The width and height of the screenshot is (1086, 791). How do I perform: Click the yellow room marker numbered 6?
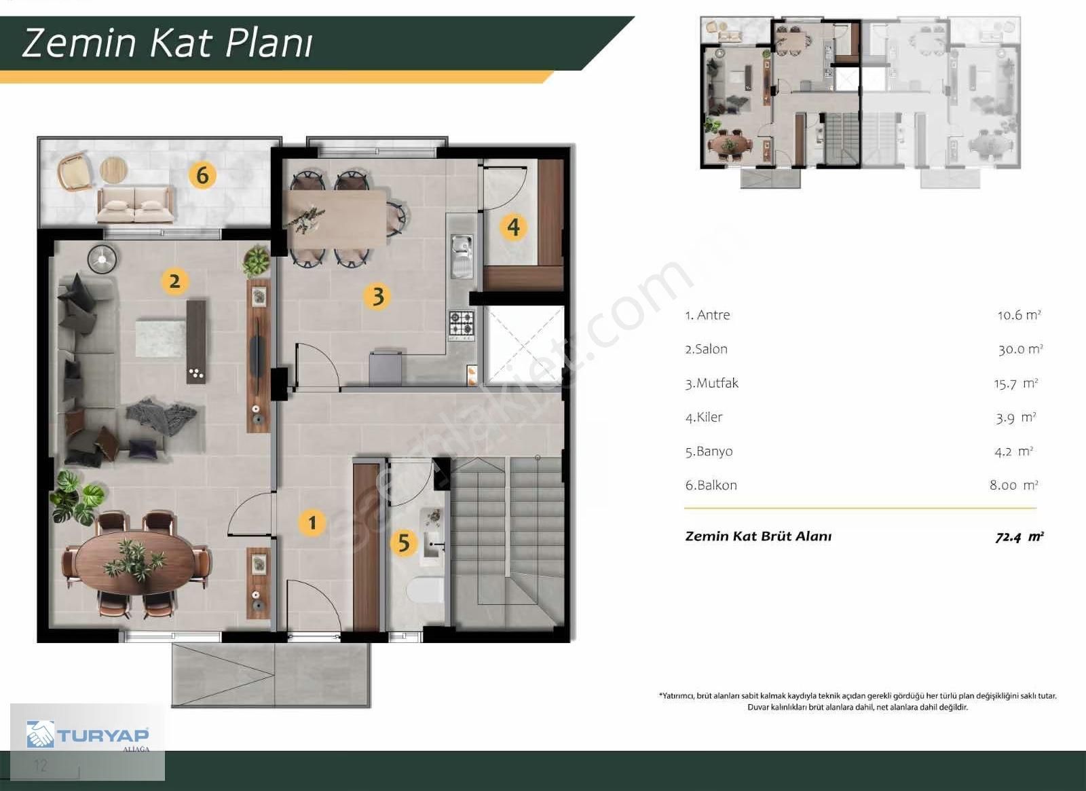coord(202,175)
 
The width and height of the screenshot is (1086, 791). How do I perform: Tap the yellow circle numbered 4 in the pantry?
coord(513,227)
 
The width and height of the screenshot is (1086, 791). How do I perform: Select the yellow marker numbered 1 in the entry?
coord(312,522)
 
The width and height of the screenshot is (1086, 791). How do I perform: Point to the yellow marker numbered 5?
coord(404,542)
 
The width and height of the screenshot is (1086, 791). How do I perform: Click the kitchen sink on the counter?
coord(462,257)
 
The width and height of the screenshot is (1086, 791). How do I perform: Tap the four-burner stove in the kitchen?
coord(462,323)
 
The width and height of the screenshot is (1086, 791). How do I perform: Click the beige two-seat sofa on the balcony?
coord(135,204)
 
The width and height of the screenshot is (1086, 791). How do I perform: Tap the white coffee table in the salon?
coord(160,337)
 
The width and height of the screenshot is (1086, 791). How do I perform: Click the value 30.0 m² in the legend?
coord(1020,349)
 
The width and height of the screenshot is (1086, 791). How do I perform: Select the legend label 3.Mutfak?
coord(712,383)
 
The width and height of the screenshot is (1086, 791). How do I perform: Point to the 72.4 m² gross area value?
coord(1019,537)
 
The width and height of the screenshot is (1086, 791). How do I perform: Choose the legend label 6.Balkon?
coord(711,485)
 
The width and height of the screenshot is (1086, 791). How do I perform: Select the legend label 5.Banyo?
coord(709,452)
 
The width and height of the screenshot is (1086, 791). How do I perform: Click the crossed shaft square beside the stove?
coord(524,344)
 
